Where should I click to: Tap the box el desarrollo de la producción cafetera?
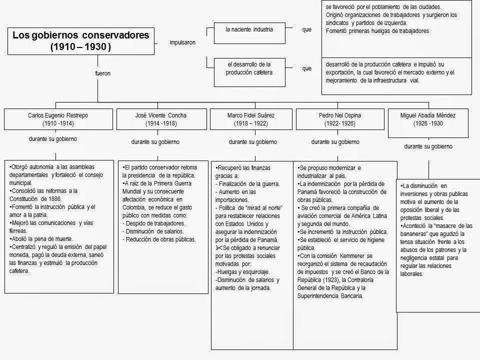249,68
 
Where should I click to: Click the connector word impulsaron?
182,42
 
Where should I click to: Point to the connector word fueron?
102,73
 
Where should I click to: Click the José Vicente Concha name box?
161,119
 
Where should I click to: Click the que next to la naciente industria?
306,29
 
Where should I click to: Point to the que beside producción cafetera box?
306,68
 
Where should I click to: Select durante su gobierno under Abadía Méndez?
428,146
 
